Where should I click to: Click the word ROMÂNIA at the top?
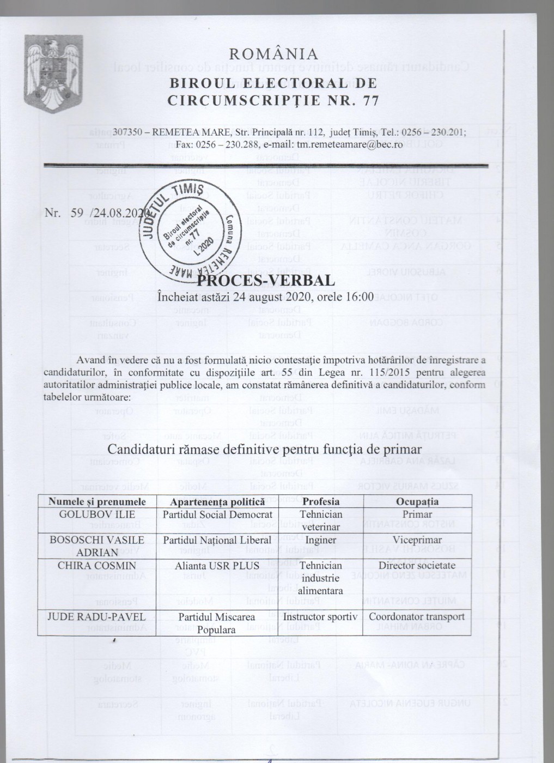pyautogui.click(x=273, y=53)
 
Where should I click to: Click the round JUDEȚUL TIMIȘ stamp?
pyautogui.click(x=189, y=229)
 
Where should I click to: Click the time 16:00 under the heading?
pyautogui.click(x=360, y=298)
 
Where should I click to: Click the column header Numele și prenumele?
pyautogui.click(x=97, y=501)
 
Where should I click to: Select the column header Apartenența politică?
pyautogui.click(x=217, y=501)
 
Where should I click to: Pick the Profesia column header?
pyautogui.click(x=321, y=501)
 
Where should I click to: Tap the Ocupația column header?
pyautogui.click(x=417, y=501)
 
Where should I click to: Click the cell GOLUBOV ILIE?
pyautogui.click(x=97, y=514)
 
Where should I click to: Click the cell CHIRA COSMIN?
pyautogui.click(x=97, y=566)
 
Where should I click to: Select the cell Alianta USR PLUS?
pyautogui.click(x=217, y=566)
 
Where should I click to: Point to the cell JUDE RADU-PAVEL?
pyautogui.click(x=97, y=617)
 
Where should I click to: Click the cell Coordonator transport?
pyautogui.click(x=417, y=617)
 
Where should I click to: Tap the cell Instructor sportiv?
pyautogui.click(x=321, y=617)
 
